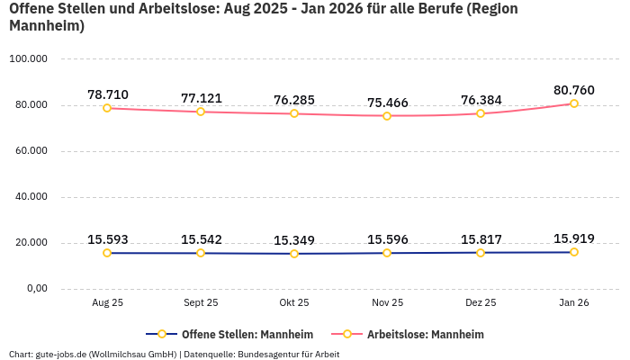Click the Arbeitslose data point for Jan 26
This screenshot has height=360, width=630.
[574, 103]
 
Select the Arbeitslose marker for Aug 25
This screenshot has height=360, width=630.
[107, 108]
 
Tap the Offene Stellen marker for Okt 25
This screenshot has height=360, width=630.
[294, 254]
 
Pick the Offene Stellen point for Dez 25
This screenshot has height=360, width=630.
[481, 253]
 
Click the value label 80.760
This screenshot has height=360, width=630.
[574, 90]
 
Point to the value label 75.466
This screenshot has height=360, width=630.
[388, 103]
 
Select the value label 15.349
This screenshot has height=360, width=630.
[294, 240]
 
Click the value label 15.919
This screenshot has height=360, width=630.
[574, 238]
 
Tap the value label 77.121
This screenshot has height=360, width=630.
[201, 98]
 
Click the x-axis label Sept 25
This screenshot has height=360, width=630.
[201, 303]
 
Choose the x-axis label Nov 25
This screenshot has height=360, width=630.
[388, 303]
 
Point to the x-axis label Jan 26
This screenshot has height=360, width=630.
[574, 303]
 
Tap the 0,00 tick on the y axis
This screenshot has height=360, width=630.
[35, 289]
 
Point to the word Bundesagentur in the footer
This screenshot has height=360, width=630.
[267, 354]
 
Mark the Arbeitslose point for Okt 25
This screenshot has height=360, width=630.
[294, 113]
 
